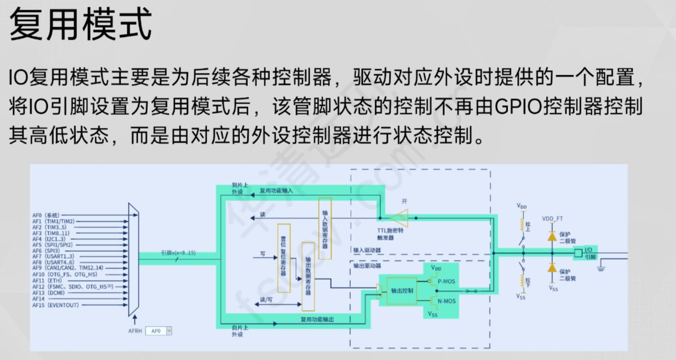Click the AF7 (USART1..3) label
click(53, 256)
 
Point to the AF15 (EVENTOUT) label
click(55, 305)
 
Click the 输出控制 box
click(402, 289)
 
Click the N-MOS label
click(447, 301)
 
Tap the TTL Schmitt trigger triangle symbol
click(401, 217)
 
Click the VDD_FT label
click(552, 218)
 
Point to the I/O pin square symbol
click(578, 253)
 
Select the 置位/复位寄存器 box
click(283, 258)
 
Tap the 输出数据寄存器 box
click(308, 276)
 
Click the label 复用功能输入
click(277, 191)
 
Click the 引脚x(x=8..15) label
click(178, 252)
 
